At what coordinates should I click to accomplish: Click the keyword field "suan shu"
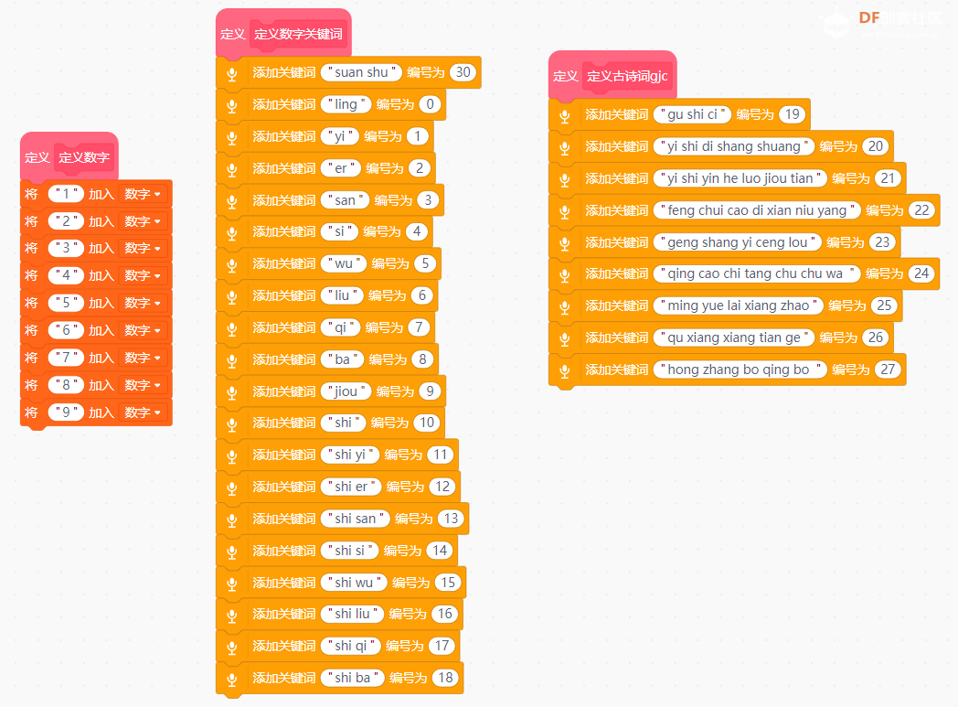click(x=361, y=72)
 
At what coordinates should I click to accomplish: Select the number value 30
click(x=463, y=72)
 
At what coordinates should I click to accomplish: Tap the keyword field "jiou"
click(x=346, y=391)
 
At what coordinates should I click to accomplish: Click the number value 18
click(x=445, y=678)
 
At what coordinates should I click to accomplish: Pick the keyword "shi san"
click(x=355, y=519)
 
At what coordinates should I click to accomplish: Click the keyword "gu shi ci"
click(x=692, y=114)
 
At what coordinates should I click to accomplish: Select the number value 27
click(x=888, y=370)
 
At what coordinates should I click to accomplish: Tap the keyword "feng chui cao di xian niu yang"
click(x=757, y=210)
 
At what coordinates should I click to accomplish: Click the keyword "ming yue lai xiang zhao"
click(x=738, y=305)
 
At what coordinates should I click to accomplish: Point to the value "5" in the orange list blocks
click(x=66, y=303)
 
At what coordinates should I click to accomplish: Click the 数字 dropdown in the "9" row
click(x=143, y=412)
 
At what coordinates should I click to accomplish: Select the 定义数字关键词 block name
click(x=298, y=34)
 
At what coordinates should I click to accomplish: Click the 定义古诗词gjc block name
click(x=627, y=77)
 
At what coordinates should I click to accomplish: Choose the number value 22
click(x=922, y=210)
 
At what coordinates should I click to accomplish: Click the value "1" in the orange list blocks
click(x=66, y=194)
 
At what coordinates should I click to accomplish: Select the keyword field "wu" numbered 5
click(x=344, y=263)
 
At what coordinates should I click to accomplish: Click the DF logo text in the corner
click(x=869, y=17)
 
